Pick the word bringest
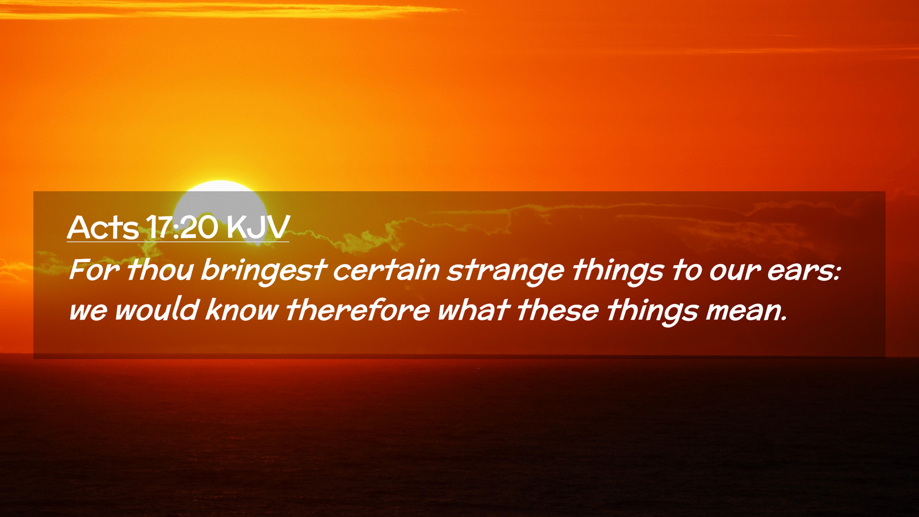coord(264,271)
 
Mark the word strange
coord(505,271)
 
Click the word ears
coord(804,271)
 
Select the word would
coord(156,309)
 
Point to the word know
coord(242,309)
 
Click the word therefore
coord(358,309)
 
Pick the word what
coord(473,309)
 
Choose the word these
coord(558,309)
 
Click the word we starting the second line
coord(88,311)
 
